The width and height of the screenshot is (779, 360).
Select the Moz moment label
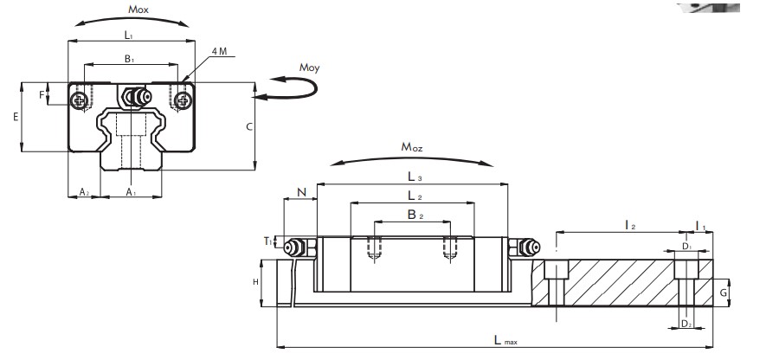coord(411,148)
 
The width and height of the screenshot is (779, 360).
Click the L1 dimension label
coord(129,35)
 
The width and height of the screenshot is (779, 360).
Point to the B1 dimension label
coord(129,60)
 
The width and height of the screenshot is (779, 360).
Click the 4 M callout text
coord(218,53)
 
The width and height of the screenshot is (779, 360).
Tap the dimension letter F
coord(41,94)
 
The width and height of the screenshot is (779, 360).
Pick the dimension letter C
coord(248,126)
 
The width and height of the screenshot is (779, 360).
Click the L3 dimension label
coord(411,177)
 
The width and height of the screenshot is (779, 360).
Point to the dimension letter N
coord(299,193)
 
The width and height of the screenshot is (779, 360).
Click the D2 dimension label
coord(686,323)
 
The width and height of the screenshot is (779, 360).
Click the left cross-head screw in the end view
coord(80,102)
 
